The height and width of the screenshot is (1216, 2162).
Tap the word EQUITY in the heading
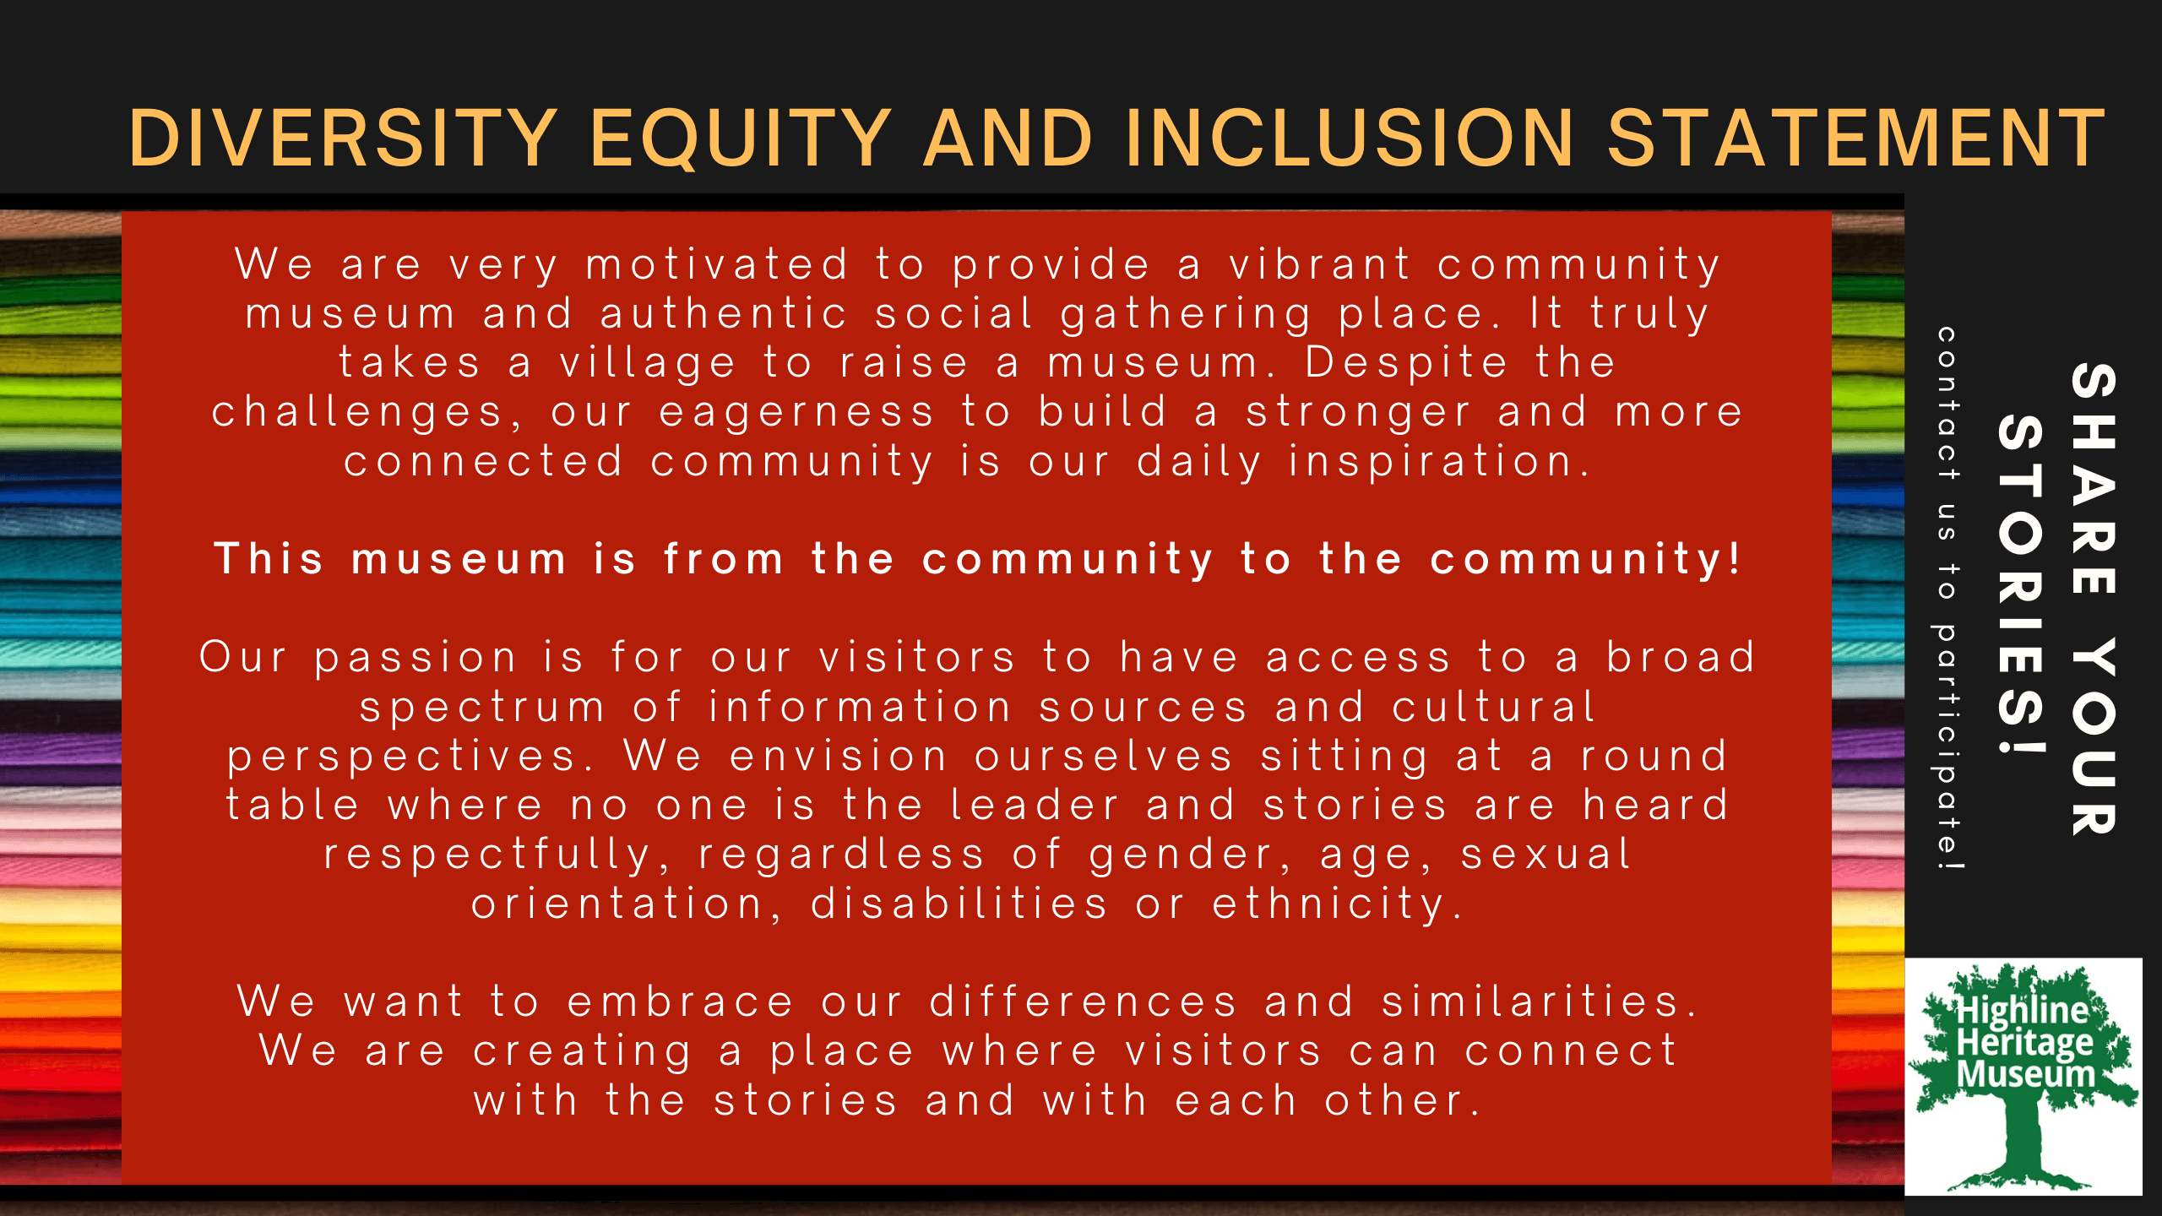tap(741, 138)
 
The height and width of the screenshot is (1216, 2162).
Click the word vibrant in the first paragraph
tap(1320, 265)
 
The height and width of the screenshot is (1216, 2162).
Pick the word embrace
tap(681, 1002)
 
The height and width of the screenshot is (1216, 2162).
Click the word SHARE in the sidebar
tap(2094, 479)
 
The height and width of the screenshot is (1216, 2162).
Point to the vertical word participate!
tap(1947, 746)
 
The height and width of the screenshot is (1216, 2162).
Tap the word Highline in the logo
tap(2023, 1010)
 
